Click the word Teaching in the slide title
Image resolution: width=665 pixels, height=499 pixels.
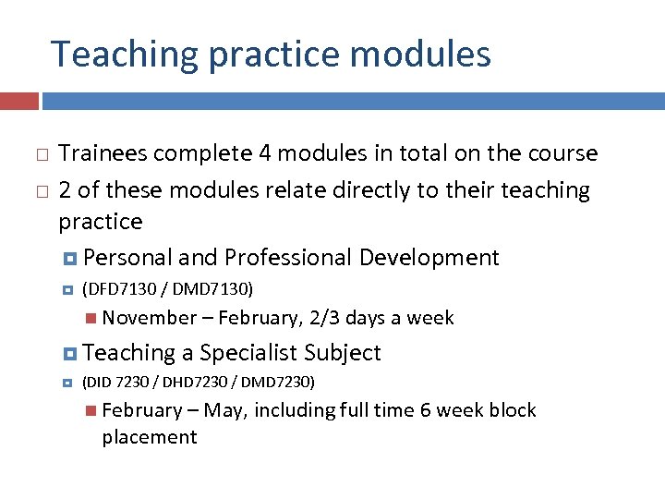click(x=125, y=55)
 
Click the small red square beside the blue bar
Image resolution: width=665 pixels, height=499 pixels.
click(x=19, y=101)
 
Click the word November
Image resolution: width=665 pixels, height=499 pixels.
click(x=150, y=318)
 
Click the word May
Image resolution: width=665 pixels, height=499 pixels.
click(x=224, y=410)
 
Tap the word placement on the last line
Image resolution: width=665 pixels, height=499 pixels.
click(x=150, y=436)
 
